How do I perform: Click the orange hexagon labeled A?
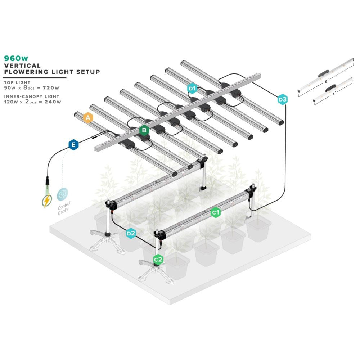(88, 118)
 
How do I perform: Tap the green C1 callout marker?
(216, 213)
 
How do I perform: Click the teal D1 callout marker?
(192, 88)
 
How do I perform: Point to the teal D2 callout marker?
(131, 233)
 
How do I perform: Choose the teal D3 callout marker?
(283, 99)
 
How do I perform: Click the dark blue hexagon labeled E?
(73, 145)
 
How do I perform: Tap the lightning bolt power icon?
(47, 201)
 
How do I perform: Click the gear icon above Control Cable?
(63, 194)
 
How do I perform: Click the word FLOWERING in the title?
(26, 72)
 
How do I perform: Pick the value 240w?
(53, 102)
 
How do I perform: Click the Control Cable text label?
(64, 208)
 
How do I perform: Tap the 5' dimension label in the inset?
(327, 82)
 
